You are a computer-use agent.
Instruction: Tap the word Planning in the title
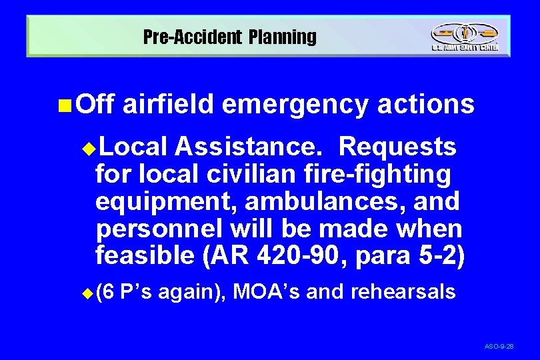[283, 37]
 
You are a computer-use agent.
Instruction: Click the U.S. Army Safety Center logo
[464, 37]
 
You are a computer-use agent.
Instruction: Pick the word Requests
[397, 146]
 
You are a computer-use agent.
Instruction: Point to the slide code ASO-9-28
[499, 347]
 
